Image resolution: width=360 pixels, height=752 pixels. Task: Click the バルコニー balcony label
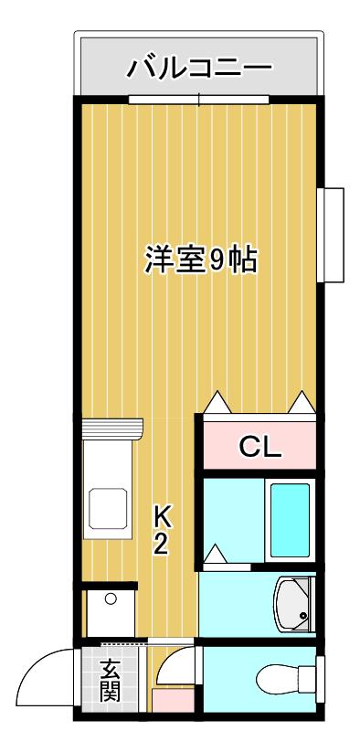199,67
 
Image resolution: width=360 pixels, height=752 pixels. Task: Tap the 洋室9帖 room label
201,259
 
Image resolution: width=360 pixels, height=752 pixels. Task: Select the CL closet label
259,448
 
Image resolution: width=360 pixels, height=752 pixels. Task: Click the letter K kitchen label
162,516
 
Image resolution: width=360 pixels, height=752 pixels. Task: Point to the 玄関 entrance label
111,681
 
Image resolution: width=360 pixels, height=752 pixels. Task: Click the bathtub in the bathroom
290,520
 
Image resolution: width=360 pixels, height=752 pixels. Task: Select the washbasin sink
293,605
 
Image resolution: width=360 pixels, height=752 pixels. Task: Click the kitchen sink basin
108,509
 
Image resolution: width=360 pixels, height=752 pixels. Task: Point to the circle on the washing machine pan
111,599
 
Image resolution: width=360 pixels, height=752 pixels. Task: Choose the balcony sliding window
198,100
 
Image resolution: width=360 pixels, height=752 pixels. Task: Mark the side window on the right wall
330,235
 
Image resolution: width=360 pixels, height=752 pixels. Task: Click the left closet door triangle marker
218,403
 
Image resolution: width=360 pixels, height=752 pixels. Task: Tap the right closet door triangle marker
302,403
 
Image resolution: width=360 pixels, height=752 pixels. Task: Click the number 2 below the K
161,545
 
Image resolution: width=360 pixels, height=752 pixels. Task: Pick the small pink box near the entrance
173,701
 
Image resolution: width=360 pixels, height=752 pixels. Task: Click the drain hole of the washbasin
303,615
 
